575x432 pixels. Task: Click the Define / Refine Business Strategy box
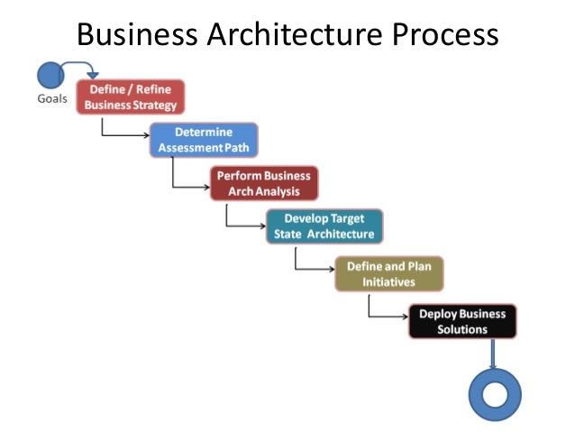pyautogui.click(x=131, y=97)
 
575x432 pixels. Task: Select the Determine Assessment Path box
pyautogui.click(x=204, y=140)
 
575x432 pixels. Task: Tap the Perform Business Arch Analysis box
pyautogui.click(x=262, y=183)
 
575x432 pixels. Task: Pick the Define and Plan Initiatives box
pyautogui.click(x=389, y=274)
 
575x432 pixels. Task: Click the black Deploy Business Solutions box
pyautogui.click(x=463, y=321)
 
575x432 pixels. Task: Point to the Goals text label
pyautogui.click(x=52, y=98)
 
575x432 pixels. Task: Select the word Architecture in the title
pyautogui.click(x=294, y=35)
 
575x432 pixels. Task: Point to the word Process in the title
pyautogui.click(x=443, y=35)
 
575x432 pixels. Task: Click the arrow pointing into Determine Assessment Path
pyautogui.click(x=126, y=134)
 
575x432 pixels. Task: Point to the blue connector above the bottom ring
pyautogui.click(x=494, y=354)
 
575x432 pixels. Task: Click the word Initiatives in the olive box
pyautogui.click(x=388, y=281)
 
